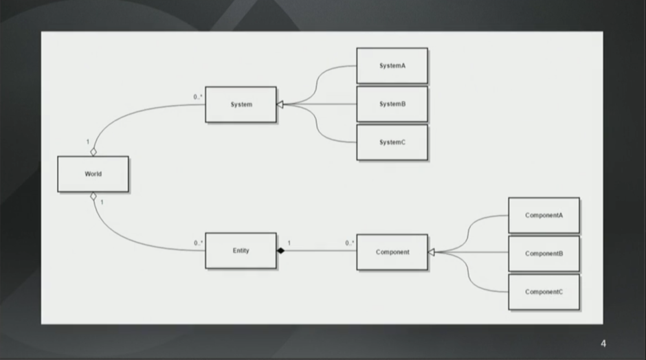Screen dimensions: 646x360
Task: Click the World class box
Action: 93,174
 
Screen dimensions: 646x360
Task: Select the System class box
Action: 241,104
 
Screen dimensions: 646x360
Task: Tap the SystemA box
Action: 392,66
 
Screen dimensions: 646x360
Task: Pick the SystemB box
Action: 392,104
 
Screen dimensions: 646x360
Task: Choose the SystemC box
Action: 392,142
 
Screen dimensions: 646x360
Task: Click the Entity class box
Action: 241,251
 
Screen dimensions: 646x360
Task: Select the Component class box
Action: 392,252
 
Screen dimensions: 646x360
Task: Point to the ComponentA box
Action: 544,216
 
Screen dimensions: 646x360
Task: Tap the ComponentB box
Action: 544,254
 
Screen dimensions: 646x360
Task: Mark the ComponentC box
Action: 544,292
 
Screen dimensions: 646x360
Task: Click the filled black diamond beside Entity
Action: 281,251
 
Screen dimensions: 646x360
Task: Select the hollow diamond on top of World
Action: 93,152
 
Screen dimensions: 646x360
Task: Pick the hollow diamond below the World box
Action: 93,196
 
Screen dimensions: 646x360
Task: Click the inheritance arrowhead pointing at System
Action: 280,104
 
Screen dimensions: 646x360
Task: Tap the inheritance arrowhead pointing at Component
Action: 432,252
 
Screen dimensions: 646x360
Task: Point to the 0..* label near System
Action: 198,97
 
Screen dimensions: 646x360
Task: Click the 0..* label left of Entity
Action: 199,243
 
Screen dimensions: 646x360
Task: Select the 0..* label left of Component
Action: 350,243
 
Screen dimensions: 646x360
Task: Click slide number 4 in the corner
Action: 603,344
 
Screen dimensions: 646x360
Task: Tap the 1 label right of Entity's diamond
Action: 289,243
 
